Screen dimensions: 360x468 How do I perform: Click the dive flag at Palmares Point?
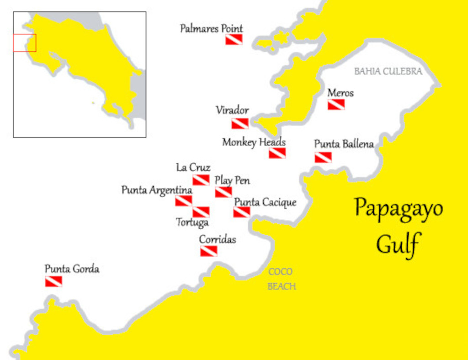pyautogui.click(x=234, y=39)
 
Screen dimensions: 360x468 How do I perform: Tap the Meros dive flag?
pyautogui.click(x=336, y=105)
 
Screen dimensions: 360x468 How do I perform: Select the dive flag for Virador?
pyautogui.click(x=240, y=124)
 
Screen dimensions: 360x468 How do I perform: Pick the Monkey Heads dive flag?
pyautogui.click(x=277, y=153)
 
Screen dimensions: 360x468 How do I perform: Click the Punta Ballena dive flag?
pyautogui.click(x=323, y=157)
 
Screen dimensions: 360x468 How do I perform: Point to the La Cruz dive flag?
pyautogui.click(x=201, y=180)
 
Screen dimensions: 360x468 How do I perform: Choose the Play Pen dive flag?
pyautogui.click(x=223, y=192)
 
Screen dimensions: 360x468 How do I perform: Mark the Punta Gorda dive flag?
pyautogui.click(x=53, y=281)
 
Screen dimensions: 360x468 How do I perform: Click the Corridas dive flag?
pyautogui.click(x=208, y=251)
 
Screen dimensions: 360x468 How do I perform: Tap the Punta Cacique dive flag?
pyautogui.click(x=242, y=212)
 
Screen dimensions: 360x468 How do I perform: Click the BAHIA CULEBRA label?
pyautogui.click(x=388, y=71)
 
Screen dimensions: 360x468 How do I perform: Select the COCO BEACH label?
pyautogui.click(x=281, y=279)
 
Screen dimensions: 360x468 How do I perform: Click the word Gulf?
pyautogui.click(x=398, y=245)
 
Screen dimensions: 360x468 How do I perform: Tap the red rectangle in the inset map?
pyautogui.click(x=25, y=43)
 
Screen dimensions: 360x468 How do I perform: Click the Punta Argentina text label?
pyautogui.click(x=156, y=190)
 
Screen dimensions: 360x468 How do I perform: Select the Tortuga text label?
pyautogui.click(x=192, y=222)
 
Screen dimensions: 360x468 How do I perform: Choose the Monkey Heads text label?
pyautogui.click(x=254, y=142)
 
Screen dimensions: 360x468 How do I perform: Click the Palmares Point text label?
pyautogui.click(x=211, y=29)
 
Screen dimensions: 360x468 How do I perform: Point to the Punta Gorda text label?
pyautogui.click(x=72, y=269)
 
